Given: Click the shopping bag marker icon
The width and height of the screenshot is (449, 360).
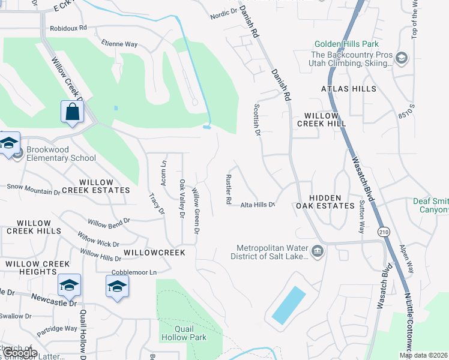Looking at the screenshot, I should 72,112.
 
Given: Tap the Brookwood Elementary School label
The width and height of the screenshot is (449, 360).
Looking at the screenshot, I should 61,154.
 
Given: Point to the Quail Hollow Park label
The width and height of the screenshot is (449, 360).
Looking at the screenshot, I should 184,333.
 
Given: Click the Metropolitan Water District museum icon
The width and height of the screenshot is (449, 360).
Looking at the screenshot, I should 318,250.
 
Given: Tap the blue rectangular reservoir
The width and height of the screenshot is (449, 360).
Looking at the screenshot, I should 289,305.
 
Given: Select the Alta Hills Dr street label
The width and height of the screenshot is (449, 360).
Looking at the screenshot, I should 258,205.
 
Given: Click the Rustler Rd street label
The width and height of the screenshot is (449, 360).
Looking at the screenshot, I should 229,190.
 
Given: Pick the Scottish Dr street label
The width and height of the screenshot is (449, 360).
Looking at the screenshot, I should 256,119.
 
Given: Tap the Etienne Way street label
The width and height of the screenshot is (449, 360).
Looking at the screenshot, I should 119,44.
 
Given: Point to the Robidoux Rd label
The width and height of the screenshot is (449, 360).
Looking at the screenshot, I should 68,28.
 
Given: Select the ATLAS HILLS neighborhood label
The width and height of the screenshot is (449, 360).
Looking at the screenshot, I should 349,89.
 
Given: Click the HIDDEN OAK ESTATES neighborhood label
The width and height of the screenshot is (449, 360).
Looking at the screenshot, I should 325,202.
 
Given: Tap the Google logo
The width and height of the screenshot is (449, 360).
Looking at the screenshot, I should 20,353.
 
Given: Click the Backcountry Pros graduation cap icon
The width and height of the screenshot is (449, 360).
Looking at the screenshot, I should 402,58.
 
